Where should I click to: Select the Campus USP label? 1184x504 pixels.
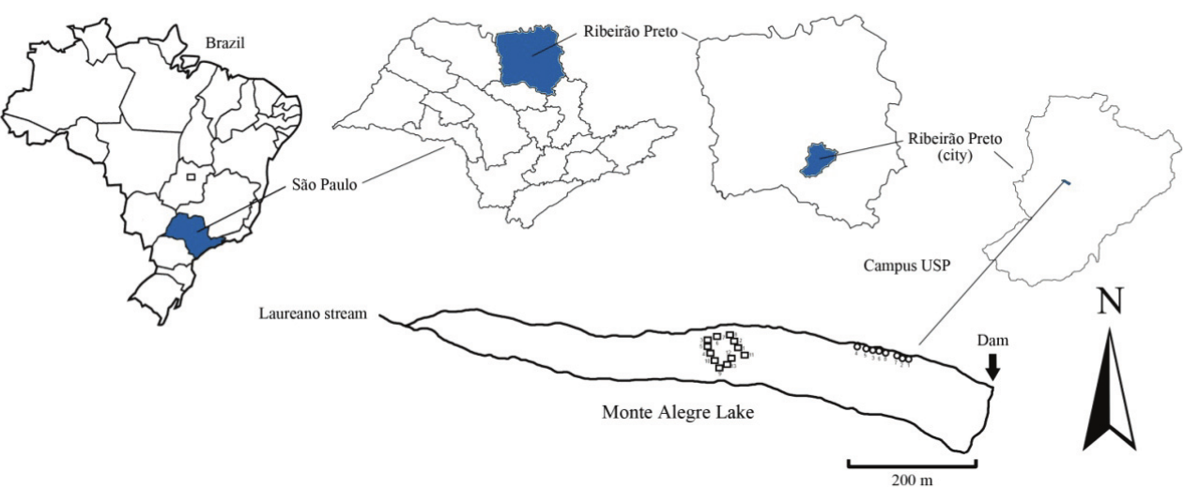pos(902,266)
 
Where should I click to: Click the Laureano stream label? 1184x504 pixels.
pos(315,313)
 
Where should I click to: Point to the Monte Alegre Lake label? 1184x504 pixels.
pos(678,411)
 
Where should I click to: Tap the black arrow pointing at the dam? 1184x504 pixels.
pos(992,371)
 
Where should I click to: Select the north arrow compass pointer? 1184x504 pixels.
pos(1109,394)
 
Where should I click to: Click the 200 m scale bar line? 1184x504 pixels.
pos(912,463)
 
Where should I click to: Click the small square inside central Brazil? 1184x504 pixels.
pos(191,176)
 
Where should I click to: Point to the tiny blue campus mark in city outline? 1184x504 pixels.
pos(1065,181)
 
